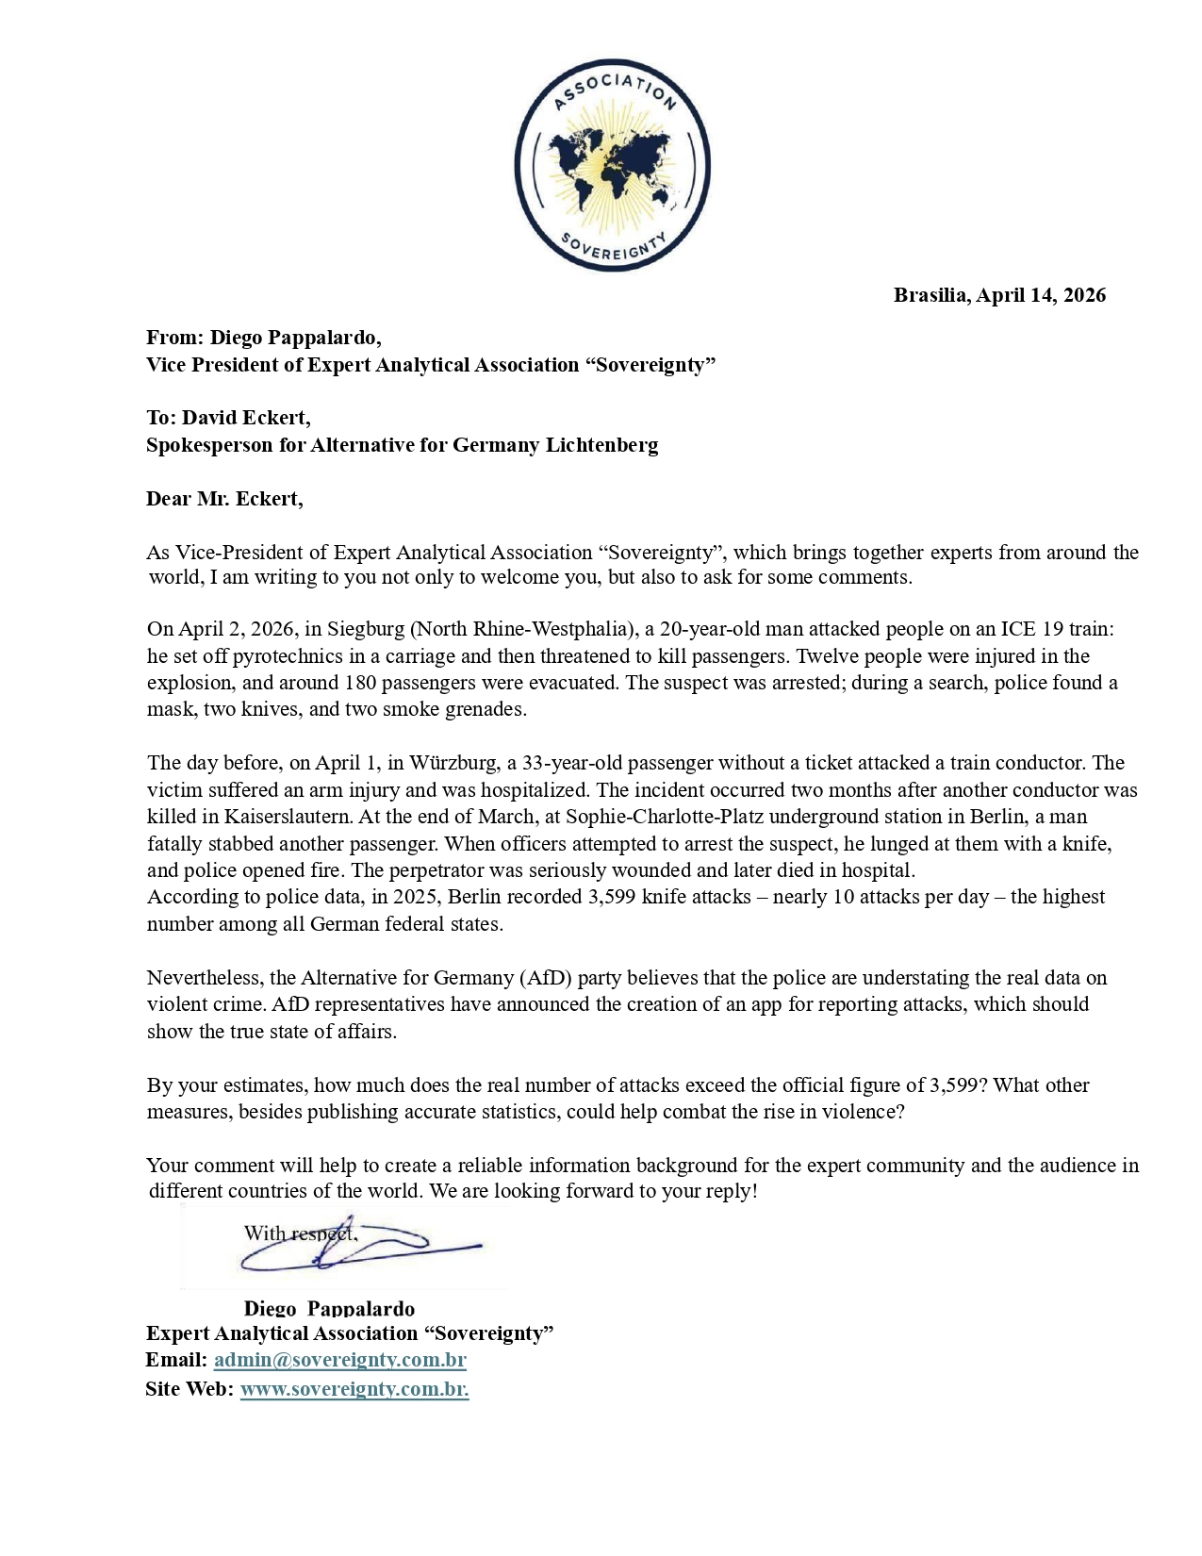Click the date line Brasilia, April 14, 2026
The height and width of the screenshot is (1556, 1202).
pos(999,295)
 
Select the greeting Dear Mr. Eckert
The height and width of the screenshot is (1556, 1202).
pos(224,499)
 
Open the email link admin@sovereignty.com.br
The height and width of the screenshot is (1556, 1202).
pos(340,1360)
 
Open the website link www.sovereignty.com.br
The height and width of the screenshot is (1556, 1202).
pos(354,1389)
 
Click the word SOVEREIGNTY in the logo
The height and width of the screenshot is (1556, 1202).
pos(613,247)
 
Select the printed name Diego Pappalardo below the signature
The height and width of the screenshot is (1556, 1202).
pos(329,1309)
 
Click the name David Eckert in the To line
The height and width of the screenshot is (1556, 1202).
pos(245,418)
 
